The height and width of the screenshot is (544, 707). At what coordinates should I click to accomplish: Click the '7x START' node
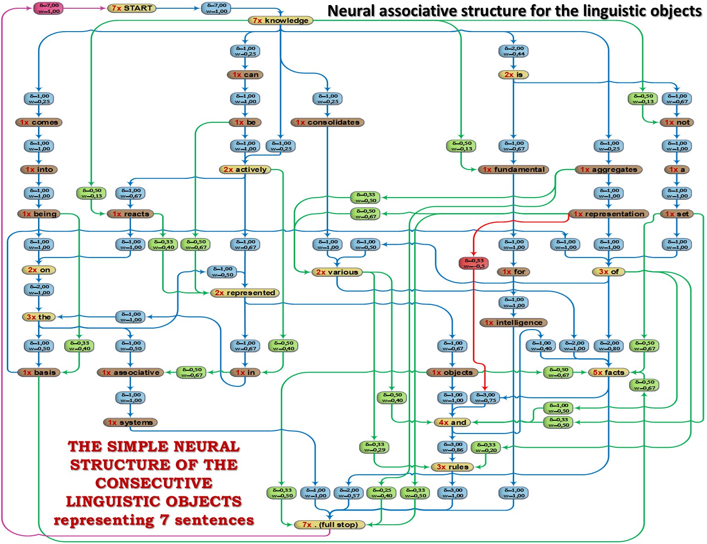coord(132,8)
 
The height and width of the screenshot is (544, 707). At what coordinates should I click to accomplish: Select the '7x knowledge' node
coord(280,21)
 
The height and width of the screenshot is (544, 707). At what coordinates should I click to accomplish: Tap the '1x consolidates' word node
coord(327,122)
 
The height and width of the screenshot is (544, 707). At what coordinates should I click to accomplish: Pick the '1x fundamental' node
coord(513,170)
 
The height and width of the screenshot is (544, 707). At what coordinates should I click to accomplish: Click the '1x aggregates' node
coord(608,170)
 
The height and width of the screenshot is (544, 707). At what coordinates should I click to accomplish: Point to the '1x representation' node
coord(608,214)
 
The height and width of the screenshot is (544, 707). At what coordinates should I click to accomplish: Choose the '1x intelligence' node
coord(513,323)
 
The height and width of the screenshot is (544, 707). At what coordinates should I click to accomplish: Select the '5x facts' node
coord(608,373)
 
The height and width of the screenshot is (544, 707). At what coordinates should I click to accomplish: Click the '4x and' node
coord(452,423)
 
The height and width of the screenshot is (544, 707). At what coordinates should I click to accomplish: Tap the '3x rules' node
coord(452,467)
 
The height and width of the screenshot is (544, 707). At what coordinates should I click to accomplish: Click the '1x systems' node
coord(130,423)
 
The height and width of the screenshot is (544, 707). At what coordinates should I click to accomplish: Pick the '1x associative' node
coord(131,373)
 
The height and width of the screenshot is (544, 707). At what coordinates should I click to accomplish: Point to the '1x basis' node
coord(39,373)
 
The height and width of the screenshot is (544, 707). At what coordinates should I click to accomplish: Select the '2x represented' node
coord(245,293)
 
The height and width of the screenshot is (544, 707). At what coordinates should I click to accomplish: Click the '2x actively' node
coord(245,170)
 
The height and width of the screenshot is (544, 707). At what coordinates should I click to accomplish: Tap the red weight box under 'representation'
coord(473,263)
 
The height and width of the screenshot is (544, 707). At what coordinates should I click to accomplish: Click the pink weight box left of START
coord(49,8)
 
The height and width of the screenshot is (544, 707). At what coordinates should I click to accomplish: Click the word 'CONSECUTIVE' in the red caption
coord(154,483)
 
